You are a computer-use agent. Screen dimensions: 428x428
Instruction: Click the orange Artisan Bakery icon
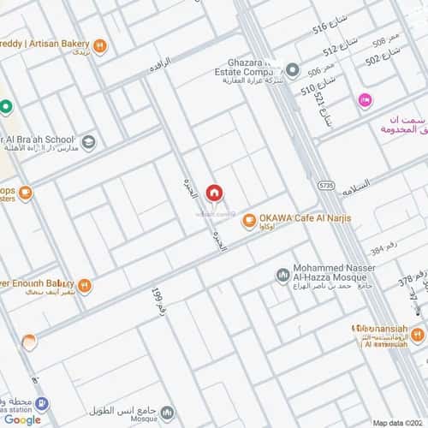tap(100, 45)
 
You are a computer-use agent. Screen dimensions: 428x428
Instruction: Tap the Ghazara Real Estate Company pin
tap(293, 69)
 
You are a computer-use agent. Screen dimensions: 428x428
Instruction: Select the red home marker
tap(213, 193)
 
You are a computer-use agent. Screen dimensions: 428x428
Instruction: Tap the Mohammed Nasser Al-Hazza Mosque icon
tap(282, 275)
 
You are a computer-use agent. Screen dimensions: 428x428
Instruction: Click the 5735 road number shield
tap(325, 184)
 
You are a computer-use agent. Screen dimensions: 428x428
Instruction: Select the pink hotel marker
tap(365, 102)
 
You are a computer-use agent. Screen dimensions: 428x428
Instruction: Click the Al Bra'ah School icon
tap(88, 141)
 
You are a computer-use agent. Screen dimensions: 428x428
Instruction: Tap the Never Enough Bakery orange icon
tap(84, 285)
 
